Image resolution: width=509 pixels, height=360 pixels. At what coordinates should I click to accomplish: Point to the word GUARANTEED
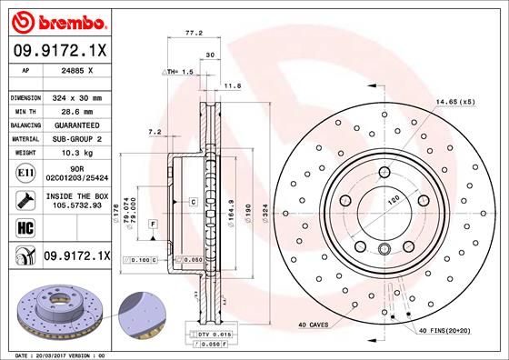tap(75, 125)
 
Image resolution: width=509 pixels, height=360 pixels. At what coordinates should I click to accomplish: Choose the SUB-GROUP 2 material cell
tap(75, 138)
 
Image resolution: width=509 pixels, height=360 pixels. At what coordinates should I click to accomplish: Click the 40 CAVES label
tap(315, 325)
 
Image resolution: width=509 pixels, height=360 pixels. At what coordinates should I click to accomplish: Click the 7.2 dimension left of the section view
tap(154, 132)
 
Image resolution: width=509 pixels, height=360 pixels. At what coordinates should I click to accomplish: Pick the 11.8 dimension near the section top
tap(232, 86)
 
